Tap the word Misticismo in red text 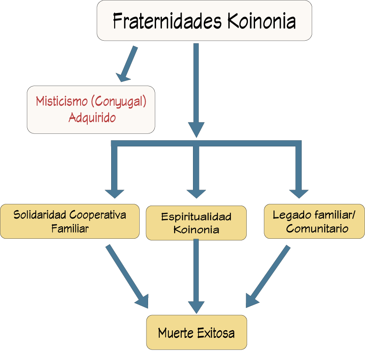[62, 102]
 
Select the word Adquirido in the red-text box [92, 117]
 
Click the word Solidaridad [40, 215]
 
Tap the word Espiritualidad [196, 217]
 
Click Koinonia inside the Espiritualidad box [196, 230]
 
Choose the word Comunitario [317, 229]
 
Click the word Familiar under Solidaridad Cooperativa [70, 229]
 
